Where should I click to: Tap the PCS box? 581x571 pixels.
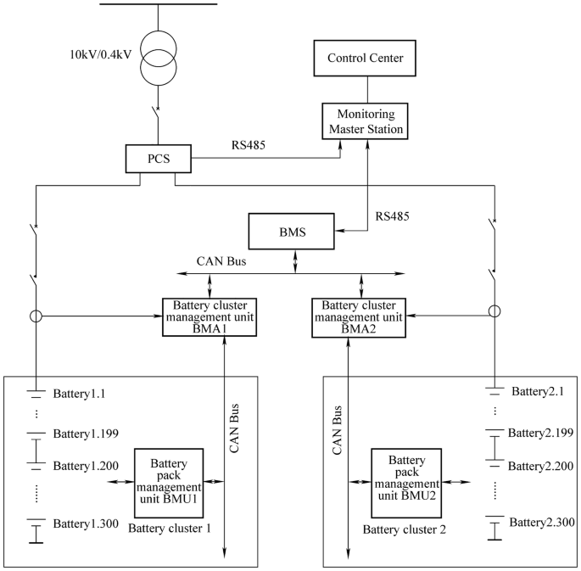(159, 158)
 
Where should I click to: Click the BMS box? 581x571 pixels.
(293, 229)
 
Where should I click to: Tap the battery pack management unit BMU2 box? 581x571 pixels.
(408, 482)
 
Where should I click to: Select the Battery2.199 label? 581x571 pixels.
(540, 433)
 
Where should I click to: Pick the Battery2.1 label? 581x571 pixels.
(536, 391)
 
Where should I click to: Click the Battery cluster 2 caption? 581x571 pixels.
(405, 530)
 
